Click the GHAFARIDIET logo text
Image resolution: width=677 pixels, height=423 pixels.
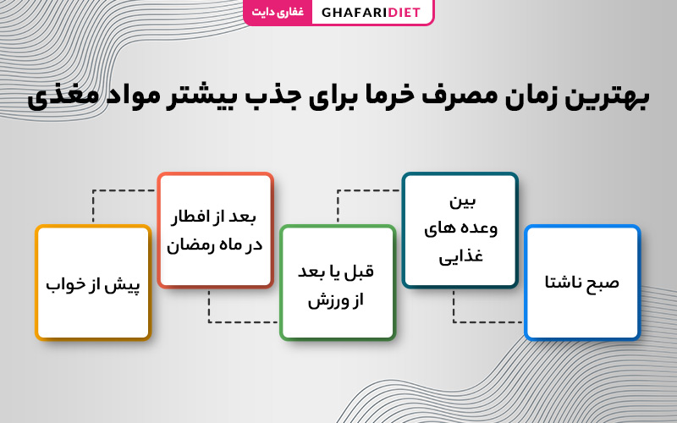371,12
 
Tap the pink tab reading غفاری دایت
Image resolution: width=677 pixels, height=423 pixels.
278,12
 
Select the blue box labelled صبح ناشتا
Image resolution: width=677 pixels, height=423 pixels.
582,283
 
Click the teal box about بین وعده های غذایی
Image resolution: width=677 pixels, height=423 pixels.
460,230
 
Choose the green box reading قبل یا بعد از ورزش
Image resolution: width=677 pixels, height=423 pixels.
338,283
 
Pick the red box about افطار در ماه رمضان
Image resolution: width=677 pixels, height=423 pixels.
216,230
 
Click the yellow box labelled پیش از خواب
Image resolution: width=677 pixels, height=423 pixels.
93,283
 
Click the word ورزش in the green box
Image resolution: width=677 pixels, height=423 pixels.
323,300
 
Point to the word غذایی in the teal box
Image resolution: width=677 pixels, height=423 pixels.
460,256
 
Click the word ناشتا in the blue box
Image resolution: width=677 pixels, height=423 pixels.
563,283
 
